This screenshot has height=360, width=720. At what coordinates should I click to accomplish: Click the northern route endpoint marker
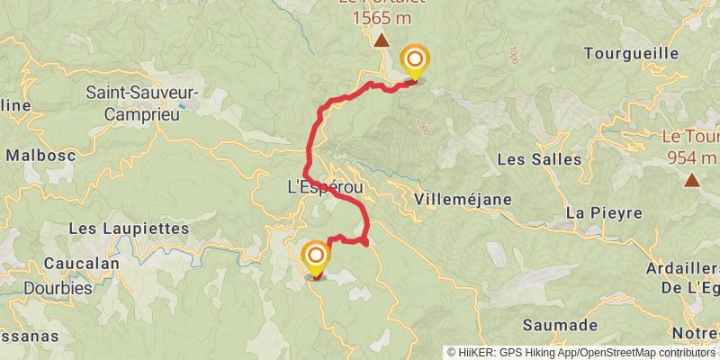[415, 62]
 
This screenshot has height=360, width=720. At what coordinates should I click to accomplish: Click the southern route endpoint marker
[316, 258]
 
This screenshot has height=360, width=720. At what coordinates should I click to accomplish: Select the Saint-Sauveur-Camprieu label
[142, 103]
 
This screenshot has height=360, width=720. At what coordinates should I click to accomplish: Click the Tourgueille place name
[631, 53]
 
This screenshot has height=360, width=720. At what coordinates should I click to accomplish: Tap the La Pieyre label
[604, 213]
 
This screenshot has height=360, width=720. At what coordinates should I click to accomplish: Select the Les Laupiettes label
[129, 229]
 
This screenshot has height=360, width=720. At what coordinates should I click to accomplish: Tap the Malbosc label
[39, 155]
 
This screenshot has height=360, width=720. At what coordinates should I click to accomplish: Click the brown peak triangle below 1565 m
[382, 40]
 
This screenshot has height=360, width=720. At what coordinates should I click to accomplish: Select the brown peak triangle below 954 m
[692, 180]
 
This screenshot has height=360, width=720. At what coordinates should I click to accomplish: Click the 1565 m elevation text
[382, 17]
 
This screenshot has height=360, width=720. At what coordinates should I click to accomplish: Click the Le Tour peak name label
[690, 138]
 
